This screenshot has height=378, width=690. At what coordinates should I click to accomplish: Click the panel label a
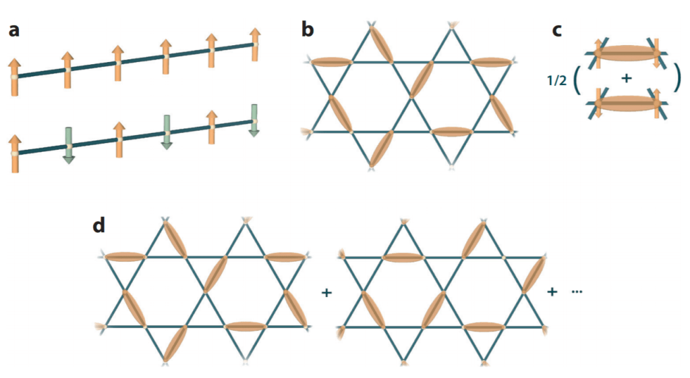click(x=14, y=31)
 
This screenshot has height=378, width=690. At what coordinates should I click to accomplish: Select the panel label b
click(x=308, y=31)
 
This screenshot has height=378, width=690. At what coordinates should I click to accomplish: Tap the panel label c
click(x=558, y=31)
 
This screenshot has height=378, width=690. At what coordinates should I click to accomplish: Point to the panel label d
click(x=100, y=225)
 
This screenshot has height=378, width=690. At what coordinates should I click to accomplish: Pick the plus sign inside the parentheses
click(x=626, y=79)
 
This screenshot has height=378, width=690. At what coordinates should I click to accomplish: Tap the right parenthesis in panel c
click(x=676, y=80)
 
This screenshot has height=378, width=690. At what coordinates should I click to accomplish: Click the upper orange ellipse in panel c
click(x=625, y=54)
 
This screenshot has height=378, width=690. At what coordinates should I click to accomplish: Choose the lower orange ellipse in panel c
click(x=625, y=104)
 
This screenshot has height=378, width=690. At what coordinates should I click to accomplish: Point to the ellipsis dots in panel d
click(x=577, y=292)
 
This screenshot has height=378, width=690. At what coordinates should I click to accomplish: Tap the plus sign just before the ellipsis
click(x=552, y=292)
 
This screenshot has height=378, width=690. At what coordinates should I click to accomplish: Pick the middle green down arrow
click(x=167, y=132)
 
